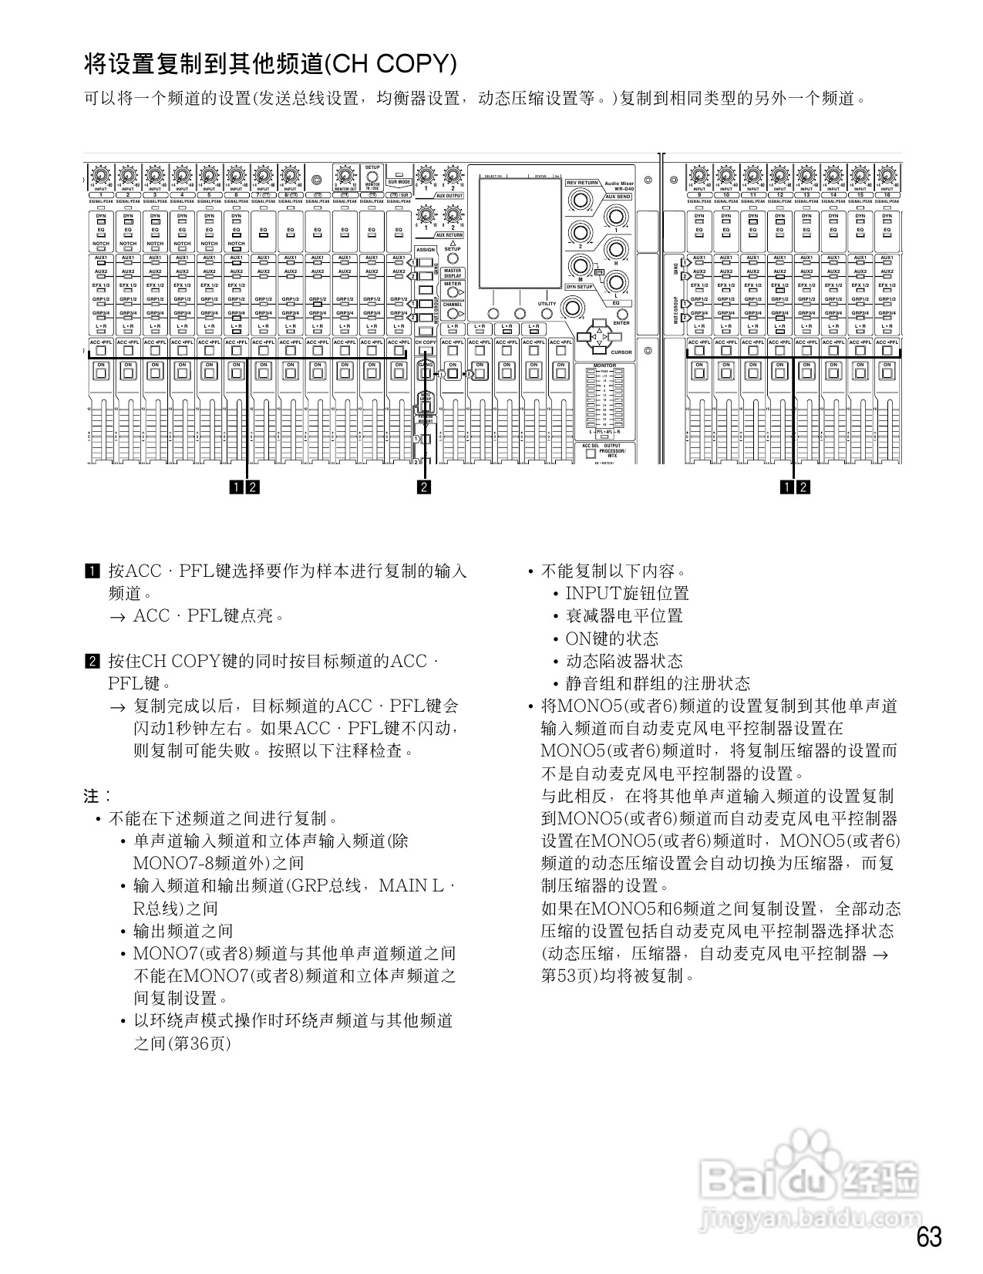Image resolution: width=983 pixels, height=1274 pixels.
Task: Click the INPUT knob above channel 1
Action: coord(101,174)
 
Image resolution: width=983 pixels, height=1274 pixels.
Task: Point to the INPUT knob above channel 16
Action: coord(887,174)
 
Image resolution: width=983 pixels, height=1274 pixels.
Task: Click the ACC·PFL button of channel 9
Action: coord(699,351)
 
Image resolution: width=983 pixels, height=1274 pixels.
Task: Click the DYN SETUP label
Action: coord(580,287)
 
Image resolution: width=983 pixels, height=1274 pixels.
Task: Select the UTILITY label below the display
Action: coord(547,304)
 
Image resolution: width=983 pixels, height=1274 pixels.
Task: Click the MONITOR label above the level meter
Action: coord(604,366)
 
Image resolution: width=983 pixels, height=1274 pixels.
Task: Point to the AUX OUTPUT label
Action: coord(449,196)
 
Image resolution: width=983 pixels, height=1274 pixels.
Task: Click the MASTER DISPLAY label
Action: coord(453,273)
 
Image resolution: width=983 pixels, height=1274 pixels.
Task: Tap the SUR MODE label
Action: coord(399,182)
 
